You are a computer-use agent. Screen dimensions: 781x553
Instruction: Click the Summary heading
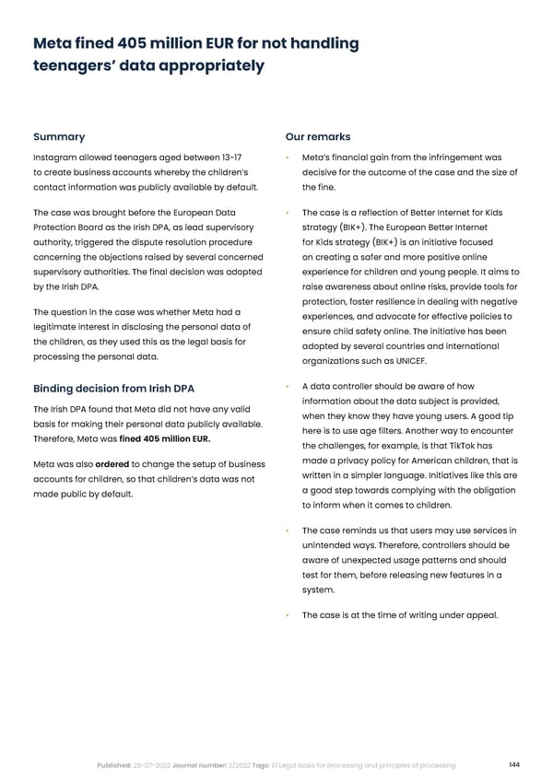click(59, 137)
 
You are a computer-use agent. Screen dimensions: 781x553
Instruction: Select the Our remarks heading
click(318, 137)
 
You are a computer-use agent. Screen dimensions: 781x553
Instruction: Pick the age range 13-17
click(227, 157)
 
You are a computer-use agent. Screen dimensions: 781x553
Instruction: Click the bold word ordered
click(112, 463)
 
